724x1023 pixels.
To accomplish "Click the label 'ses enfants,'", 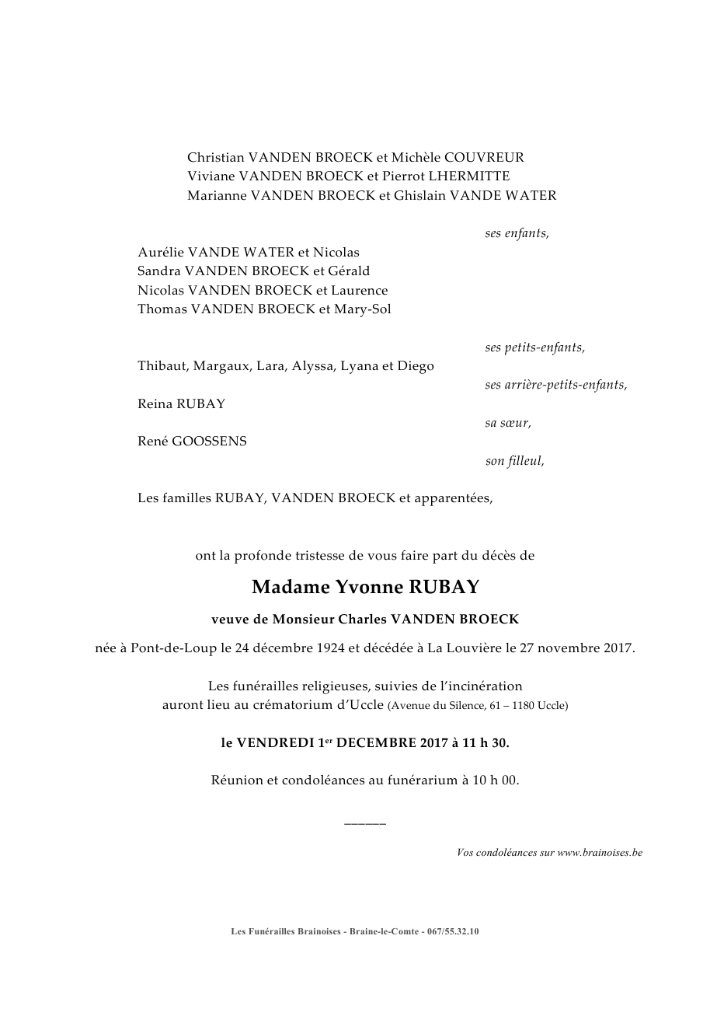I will tap(517, 233).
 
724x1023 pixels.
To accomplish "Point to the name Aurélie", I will tap(162, 252).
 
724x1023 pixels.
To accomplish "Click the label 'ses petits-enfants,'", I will tap(534, 347).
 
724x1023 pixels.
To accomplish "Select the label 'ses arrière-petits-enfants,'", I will tap(555, 385).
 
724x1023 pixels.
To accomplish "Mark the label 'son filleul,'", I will tap(514, 461).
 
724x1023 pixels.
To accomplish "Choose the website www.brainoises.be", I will tap(600, 853).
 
